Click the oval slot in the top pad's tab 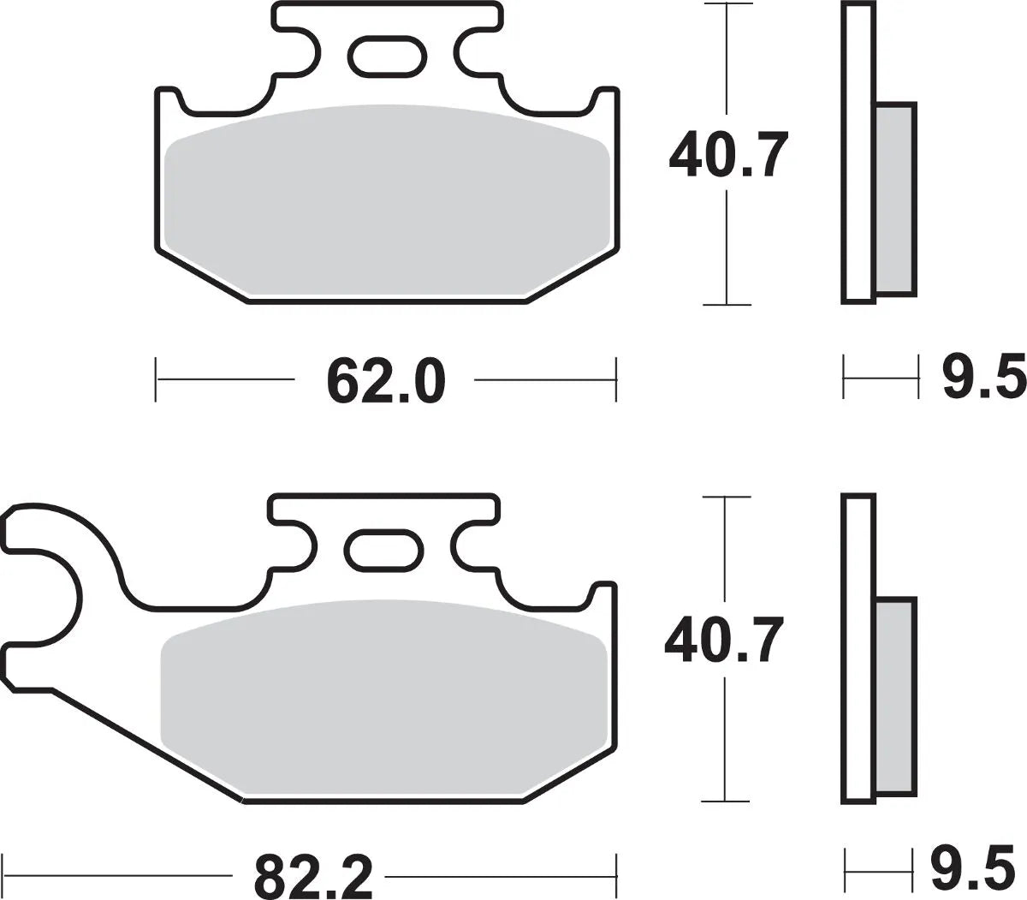384,57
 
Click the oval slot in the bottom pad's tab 384,548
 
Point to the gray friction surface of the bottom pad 385,694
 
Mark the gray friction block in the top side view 895,199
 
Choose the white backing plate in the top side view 858,154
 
